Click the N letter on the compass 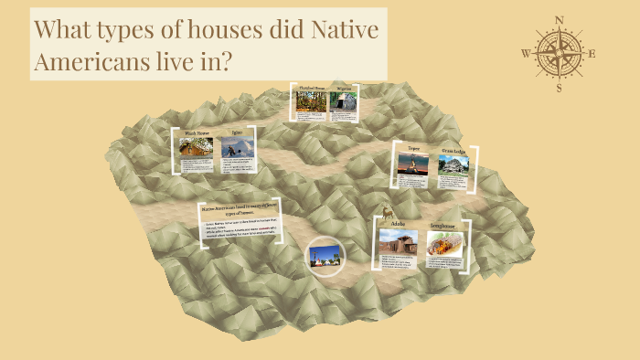pyautogui.click(x=560, y=19)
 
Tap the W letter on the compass pyautogui.click(x=525, y=53)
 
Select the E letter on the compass pyautogui.click(x=592, y=53)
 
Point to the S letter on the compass pyautogui.click(x=560, y=88)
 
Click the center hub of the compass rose pyautogui.click(x=559, y=52)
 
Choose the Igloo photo pyautogui.click(x=237, y=149)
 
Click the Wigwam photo pyautogui.click(x=343, y=102)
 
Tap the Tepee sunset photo pyautogui.click(x=411, y=165)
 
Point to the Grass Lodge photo pyautogui.click(x=453, y=164)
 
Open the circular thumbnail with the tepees pyautogui.click(x=323, y=255)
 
